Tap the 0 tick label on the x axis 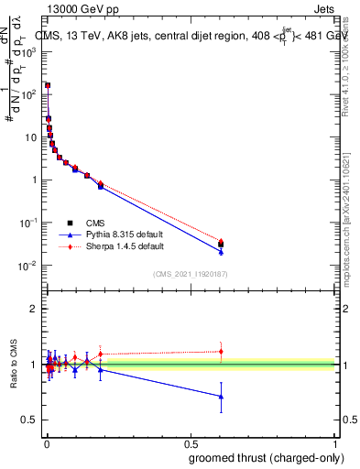click(46, 443)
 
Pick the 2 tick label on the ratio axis click(33, 310)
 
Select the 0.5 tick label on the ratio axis click(30, 420)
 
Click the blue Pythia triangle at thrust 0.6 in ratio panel click(221, 397)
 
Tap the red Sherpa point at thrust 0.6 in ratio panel click(221, 352)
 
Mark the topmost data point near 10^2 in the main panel click(48, 85)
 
